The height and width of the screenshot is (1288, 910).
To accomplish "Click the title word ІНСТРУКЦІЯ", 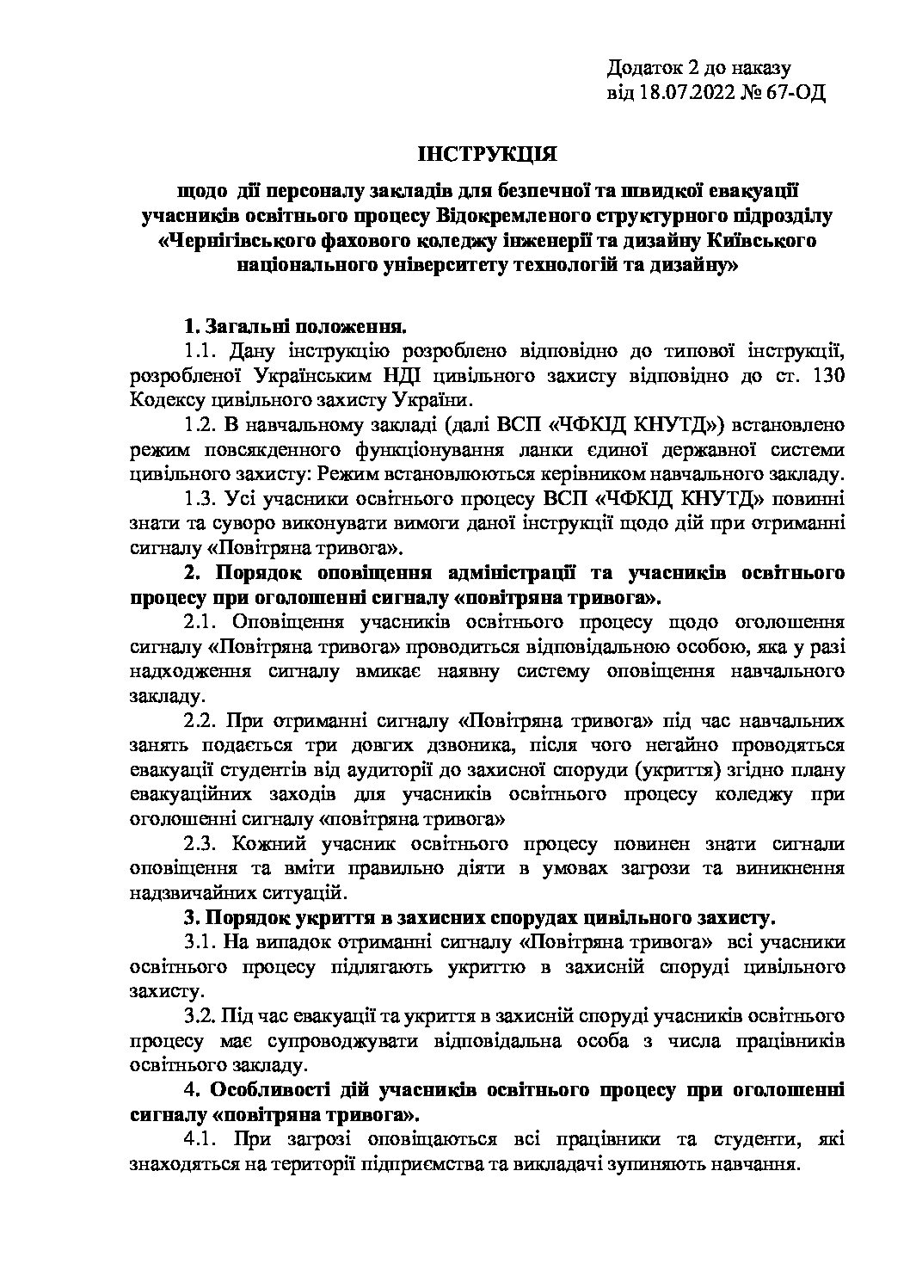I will pyautogui.click(x=487, y=155).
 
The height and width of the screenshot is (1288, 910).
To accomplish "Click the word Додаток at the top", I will pyautogui.click(x=641, y=68).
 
